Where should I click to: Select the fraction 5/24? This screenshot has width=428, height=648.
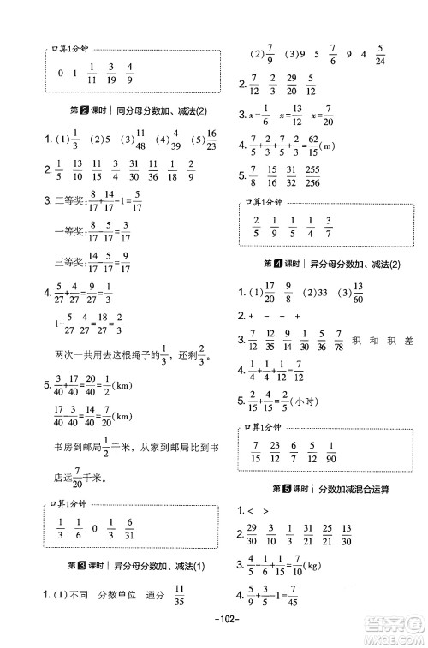pyautogui.click(x=380, y=57)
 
